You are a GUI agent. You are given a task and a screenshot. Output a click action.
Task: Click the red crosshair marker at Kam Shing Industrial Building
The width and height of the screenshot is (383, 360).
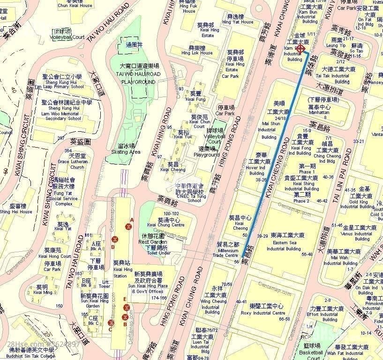301,49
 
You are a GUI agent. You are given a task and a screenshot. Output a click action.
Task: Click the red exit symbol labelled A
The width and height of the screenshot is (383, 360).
128,227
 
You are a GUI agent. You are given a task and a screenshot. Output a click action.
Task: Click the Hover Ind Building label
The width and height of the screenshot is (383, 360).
255,166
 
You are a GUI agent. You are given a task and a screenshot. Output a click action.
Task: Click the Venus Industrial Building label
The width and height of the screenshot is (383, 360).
360,233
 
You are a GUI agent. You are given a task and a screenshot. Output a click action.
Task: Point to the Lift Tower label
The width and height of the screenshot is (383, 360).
105,284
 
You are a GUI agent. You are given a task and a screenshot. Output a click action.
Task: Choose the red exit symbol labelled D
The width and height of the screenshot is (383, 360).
115,240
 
